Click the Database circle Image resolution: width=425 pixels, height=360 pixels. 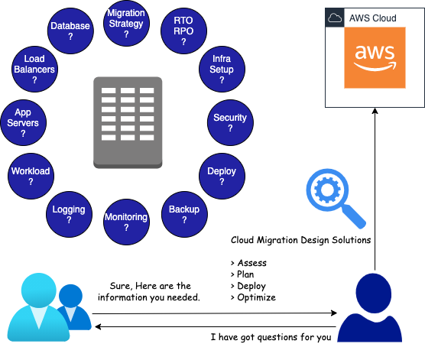tap(70, 31)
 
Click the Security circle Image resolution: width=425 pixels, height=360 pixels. tap(230, 123)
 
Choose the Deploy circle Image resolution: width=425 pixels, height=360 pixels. tap(222, 177)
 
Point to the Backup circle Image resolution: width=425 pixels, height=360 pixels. tap(184, 214)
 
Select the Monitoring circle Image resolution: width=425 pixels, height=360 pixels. tap(126, 222)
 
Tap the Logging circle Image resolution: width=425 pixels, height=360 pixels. tap(69, 214)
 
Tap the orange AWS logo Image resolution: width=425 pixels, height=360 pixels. tap(375, 59)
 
